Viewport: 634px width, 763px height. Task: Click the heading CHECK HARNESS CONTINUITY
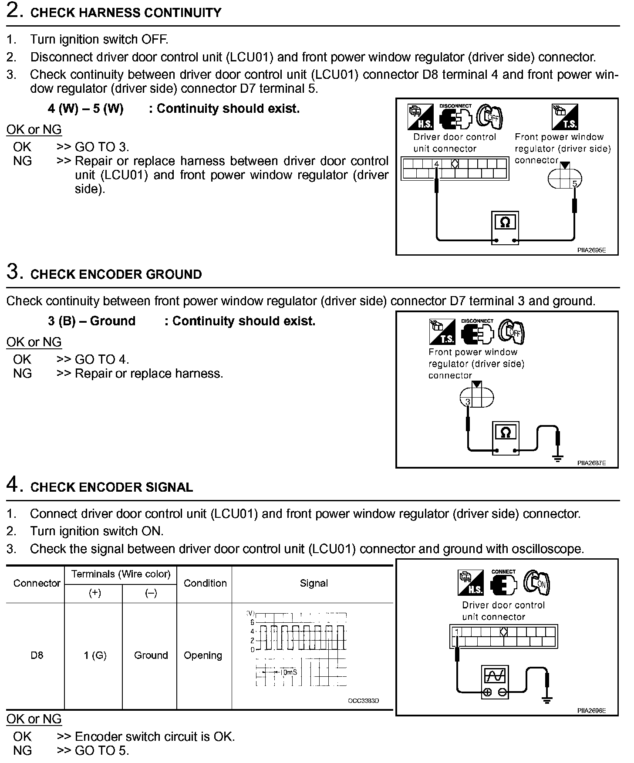[x=125, y=13]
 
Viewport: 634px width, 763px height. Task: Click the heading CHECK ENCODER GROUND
[x=116, y=274]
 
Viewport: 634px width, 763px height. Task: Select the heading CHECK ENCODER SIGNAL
[x=111, y=487]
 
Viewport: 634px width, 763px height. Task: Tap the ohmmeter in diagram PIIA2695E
[x=505, y=227]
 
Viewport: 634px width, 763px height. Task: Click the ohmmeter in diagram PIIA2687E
[x=505, y=438]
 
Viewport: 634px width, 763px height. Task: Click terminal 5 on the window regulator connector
[x=574, y=184]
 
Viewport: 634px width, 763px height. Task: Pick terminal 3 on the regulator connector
[x=468, y=402]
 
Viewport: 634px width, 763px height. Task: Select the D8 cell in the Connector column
[x=37, y=655]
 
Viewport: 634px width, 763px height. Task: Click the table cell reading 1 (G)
[x=95, y=655]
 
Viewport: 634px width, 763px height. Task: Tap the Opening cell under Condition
[x=203, y=655]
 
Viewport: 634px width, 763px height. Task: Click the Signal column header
[x=314, y=584]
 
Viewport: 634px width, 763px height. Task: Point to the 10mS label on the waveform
[x=288, y=672]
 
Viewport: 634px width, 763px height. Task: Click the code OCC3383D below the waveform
[x=363, y=701]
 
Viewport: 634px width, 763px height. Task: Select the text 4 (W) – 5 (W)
[x=85, y=108]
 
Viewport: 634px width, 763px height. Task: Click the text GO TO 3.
[x=102, y=147]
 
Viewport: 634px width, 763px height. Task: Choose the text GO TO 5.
[x=102, y=750]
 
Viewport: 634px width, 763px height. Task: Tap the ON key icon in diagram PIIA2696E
[x=537, y=583]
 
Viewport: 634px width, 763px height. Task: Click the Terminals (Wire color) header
[x=121, y=574]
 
